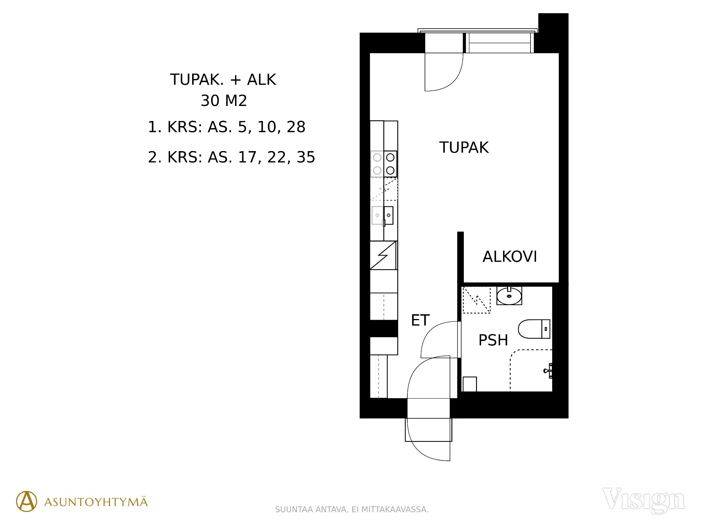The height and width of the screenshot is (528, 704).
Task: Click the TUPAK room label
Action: [464, 147]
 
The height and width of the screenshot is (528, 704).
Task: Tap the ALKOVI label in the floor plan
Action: [510, 257]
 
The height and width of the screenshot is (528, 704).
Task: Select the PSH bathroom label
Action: [493, 340]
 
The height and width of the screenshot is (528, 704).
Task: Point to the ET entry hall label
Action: [420, 320]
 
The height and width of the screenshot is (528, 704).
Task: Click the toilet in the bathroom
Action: [534, 329]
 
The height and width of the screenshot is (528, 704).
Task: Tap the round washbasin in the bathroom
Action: [509, 296]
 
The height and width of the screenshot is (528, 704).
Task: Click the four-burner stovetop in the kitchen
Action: [384, 164]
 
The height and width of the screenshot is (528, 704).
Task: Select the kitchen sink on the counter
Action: [382, 216]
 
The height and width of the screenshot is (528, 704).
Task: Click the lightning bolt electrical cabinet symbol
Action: [383, 255]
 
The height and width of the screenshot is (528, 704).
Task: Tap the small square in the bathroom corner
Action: [470, 384]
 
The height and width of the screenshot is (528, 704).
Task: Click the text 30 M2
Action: [224, 100]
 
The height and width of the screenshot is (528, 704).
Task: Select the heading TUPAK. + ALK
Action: [223, 80]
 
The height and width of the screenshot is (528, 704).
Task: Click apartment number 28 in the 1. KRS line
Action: [296, 127]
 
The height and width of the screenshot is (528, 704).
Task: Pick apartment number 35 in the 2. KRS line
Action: [306, 157]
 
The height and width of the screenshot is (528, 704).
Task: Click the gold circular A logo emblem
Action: [26, 501]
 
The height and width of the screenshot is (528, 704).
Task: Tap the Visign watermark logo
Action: [643, 500]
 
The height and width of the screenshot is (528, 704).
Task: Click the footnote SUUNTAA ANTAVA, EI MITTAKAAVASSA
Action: [352, 510]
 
